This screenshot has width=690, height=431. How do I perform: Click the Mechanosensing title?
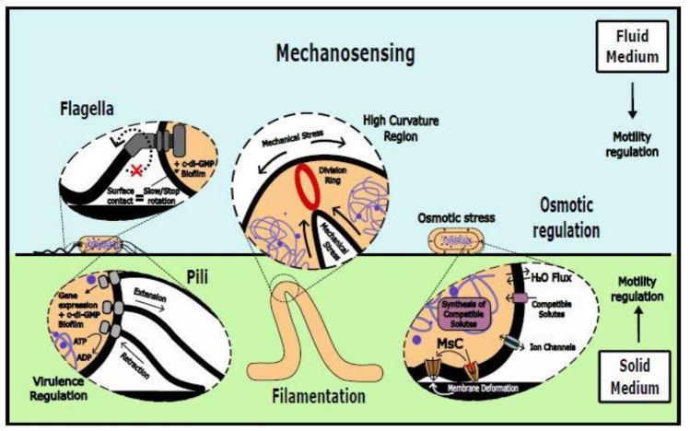pos(345,54)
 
